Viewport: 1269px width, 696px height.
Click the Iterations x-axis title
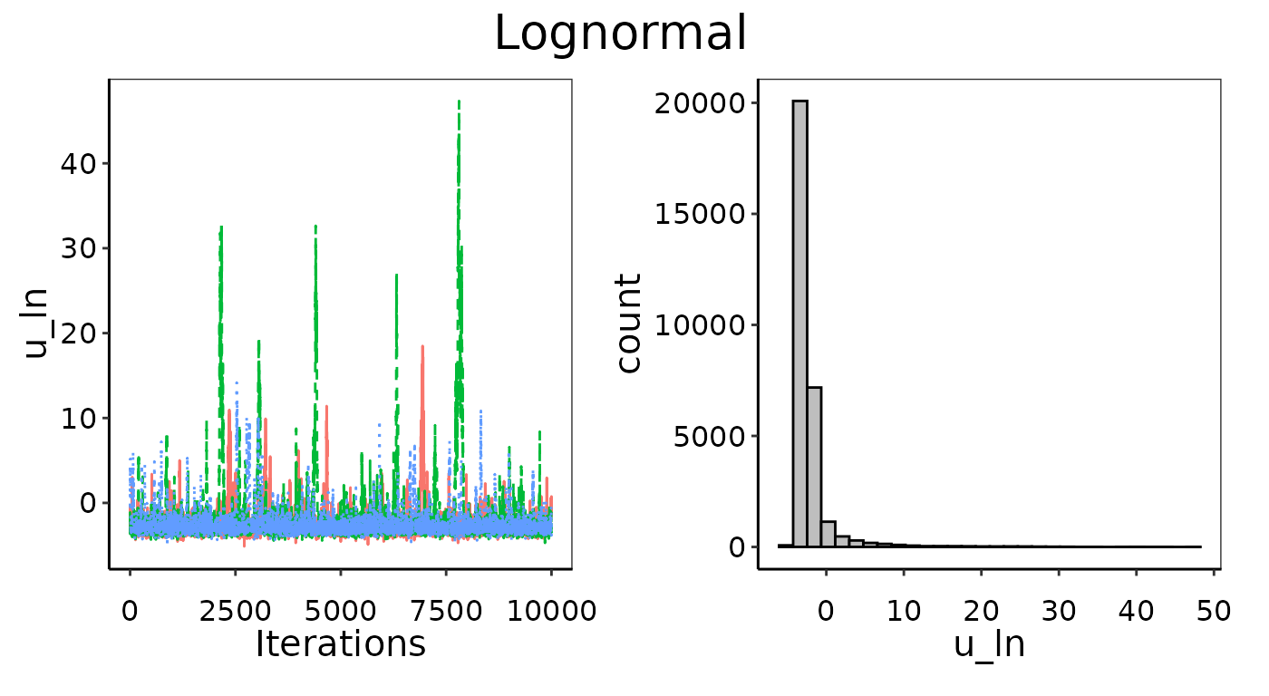(340, 643)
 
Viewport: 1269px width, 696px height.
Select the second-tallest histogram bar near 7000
(814, 467)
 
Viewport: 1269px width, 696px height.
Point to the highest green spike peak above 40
(459, 103)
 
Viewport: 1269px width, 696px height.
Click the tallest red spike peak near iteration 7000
(421, 347)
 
